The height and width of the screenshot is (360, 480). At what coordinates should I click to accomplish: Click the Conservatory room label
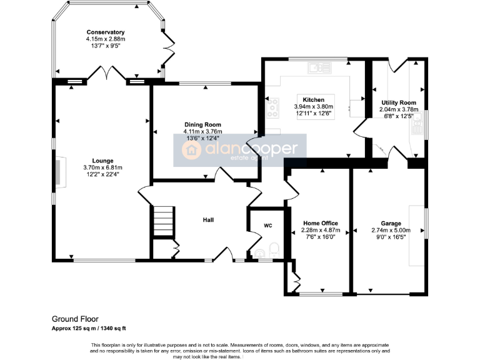[x=106, y=32]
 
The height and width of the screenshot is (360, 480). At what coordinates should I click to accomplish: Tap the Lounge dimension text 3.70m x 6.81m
[x=102, y=167]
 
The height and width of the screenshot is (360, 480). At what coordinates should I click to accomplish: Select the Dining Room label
[x=202, y=125]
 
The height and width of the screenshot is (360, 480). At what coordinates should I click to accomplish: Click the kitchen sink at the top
[x=322, y=65]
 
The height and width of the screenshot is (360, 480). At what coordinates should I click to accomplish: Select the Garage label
[x=391, y=223]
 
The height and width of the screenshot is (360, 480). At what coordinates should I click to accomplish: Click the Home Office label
[x=320, y=223]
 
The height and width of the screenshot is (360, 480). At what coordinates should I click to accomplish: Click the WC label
[x=268, y=226]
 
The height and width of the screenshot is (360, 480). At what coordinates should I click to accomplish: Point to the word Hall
[x=208, y=220]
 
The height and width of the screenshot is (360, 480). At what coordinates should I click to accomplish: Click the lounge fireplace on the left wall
[x=59, y=172]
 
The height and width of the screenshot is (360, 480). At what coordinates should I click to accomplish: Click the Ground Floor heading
[x=74, y=319]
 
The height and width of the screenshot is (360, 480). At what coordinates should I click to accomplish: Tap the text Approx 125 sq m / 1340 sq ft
[x=93, y=328]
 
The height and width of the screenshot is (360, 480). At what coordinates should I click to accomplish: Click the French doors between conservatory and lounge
[x=104, y=77]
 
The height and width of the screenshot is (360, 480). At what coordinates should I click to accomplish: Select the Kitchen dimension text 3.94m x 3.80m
[x=314, y=107]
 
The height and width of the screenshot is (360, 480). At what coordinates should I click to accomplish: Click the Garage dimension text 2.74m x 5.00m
[x=391, y=230]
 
